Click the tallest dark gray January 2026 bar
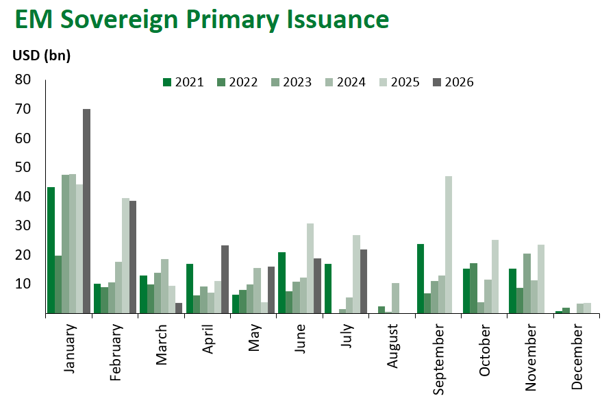(87, 211)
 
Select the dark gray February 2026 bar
(133, 257)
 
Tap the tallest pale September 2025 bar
(449, 245)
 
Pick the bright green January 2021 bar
(51, 250)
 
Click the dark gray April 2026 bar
(225, 280)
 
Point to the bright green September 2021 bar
(421, 279)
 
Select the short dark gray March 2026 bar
(179, 308)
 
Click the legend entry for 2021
(184, 82)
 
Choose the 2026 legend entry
(453, 82)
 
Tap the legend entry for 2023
(292, 82)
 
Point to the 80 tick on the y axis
(23, 79)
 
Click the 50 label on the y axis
(23, 167)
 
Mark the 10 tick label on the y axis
(23, 284)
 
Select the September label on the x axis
(438, 359)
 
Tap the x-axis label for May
(254, 337)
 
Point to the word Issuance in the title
(338, 19)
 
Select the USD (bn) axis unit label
(42, 56)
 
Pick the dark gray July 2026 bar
(364, 282)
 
